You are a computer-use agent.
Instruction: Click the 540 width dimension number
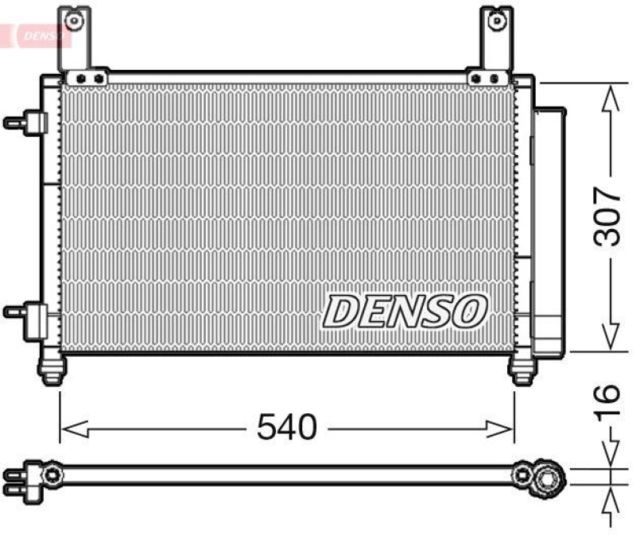[x=286, y=428]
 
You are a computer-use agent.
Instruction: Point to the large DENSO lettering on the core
[x=405, y=311]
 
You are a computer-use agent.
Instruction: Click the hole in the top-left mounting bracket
[x=72, y=19]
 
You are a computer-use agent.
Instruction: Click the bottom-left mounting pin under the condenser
[x=52, y=370]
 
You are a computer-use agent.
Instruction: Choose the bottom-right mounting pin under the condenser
[x=522, y=370]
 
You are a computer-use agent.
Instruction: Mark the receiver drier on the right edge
[x=548, y=231]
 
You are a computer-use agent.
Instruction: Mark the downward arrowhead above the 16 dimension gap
[x=609, y=456]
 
